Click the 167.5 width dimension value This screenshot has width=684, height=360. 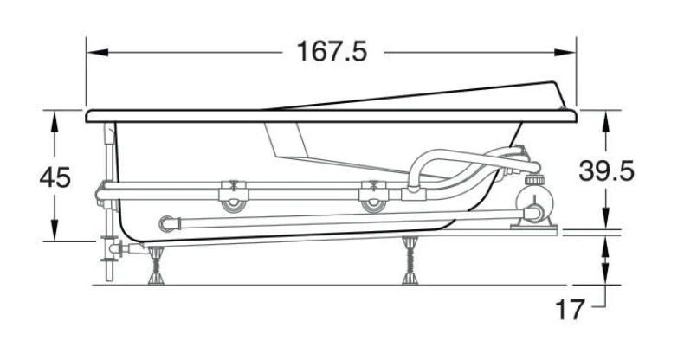point(332,51)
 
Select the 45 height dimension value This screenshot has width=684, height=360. point(55,177)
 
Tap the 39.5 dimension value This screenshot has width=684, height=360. point(606,170)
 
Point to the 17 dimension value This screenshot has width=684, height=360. point(569,310)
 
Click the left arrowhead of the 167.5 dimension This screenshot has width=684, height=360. point(97,52)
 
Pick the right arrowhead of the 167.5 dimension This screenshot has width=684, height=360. point(565,52)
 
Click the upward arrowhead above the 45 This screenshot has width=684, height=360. point(55,121)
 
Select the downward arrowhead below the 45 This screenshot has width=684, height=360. point(55,230)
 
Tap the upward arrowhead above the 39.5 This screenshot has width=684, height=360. point(606,121)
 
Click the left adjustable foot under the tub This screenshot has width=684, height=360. point(156,266)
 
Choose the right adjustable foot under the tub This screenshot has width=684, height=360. point(410,260)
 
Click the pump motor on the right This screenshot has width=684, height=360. point(535,205)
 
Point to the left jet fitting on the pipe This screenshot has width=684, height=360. point(233,196)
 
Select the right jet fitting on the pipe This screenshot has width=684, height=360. point(373,196)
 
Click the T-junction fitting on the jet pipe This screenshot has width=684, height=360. point(411,192)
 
